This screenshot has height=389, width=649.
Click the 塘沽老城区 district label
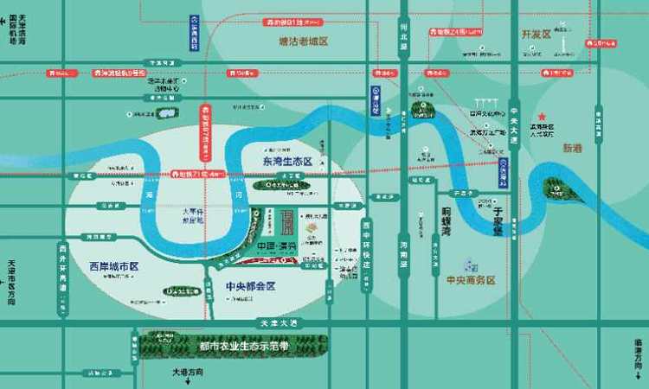(x=304, y=41)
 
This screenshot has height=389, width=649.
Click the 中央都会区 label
(x=250, y=286)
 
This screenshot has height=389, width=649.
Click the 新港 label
(x=574, y=148)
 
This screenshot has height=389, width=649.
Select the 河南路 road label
(x=403, y=256)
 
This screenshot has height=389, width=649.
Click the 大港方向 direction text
(x=187, y=373)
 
